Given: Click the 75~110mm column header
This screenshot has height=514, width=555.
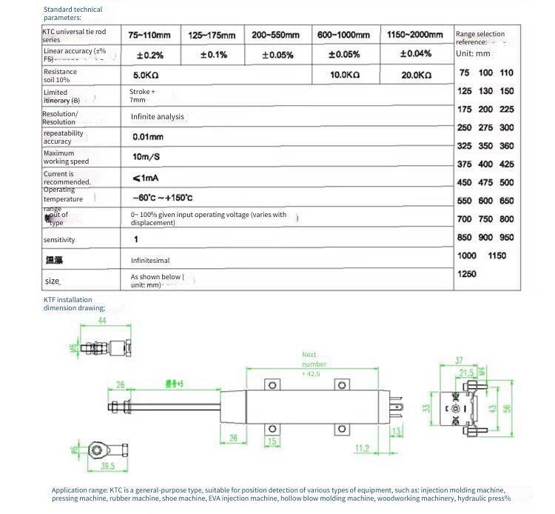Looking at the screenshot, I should [149, 35].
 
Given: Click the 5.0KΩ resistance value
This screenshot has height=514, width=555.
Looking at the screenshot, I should [147, 76].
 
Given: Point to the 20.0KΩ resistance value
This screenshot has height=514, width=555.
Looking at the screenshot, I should [417, 76].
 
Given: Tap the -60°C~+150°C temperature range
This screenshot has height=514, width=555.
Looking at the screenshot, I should [162, 198].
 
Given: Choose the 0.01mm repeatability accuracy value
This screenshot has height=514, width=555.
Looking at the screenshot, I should [147, 137].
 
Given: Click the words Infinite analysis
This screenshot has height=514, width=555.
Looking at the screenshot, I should [158, 117].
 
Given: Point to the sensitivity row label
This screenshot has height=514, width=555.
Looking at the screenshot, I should [59, 240].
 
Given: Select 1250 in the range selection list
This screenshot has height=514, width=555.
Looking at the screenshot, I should [467, 274].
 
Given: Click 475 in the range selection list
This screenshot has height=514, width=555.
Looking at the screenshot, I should [485, 183].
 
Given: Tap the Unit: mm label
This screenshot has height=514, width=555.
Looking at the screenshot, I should [473, 53].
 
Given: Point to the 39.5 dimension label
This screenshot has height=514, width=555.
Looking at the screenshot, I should [107, 467].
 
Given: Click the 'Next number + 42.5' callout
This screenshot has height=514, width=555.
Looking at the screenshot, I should [314, 364].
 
